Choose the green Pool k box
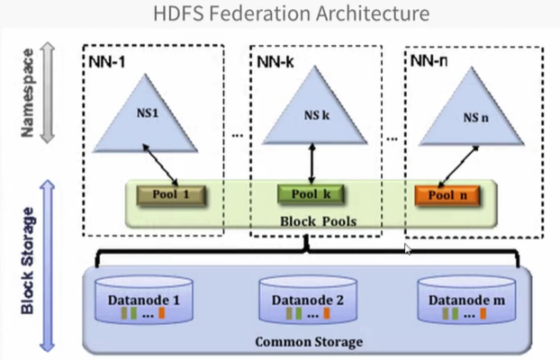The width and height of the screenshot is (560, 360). click(311, 193)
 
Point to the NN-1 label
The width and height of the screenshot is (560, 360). click(106, 61)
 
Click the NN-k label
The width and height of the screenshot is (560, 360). click(273, 61)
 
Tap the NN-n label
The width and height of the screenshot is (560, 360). click(428, 61)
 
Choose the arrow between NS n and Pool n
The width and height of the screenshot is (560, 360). click(459, 167)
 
